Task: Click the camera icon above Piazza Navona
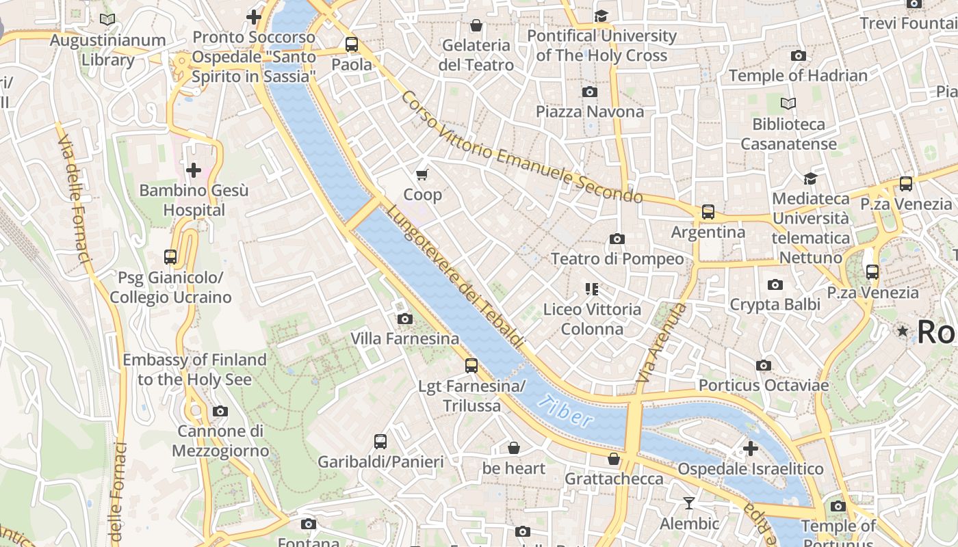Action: coord(590,92)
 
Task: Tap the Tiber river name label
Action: coord(565,411)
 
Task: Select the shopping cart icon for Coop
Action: coord(422,175)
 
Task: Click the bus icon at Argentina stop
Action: coord(708,212)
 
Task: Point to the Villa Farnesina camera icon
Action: coord(404,319)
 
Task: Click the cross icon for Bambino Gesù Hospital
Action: coord(194,170)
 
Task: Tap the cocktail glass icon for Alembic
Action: coord(689,503)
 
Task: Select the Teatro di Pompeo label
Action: coord(617,259)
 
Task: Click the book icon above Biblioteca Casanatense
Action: coord(788,104)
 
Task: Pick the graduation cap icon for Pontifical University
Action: coord(601,16)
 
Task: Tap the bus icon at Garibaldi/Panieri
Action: coord(380,442)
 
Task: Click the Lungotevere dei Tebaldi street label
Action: coord(455,276)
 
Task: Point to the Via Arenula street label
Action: coord(661,342)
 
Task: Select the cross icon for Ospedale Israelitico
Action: coord(751,449)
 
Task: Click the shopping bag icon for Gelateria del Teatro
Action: coord(476,25)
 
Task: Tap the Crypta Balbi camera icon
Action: coord(775,284)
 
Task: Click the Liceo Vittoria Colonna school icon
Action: coord(592,289)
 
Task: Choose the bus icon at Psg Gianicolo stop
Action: coord(170,257)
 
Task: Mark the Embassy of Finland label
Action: coord(194,369)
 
